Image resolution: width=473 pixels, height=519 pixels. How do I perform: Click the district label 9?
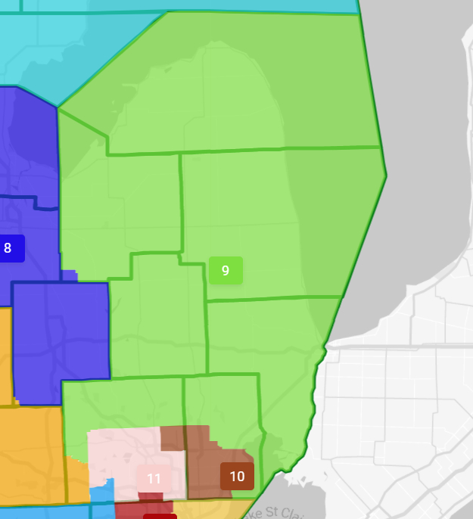coord(226,271)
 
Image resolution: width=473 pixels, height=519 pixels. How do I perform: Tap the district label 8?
coord(8,248)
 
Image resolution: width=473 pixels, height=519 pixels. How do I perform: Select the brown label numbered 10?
coord(237,476)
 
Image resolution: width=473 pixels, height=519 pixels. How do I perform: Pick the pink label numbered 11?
coord(154,478)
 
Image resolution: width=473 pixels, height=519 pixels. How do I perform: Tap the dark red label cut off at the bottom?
coord(160,516)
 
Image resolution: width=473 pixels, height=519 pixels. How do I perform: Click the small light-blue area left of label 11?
coord(101,492)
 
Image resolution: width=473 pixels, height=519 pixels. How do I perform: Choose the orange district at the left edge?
coord(30,454)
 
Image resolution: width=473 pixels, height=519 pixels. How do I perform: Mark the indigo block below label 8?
coord(61,333)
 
